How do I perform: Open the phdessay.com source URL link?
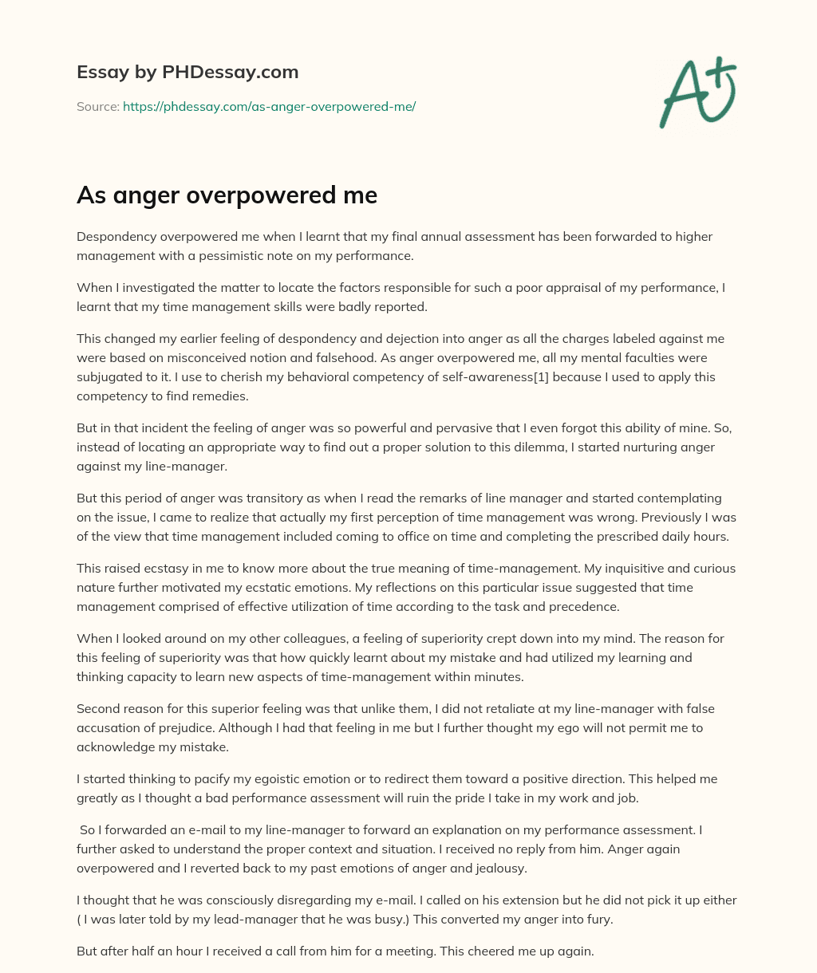click(x=269, y=106)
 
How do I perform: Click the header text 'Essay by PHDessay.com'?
click(x=187, y=72)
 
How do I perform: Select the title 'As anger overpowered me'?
click(x=227, y=195)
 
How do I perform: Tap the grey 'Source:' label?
click(x=97, y=106)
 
